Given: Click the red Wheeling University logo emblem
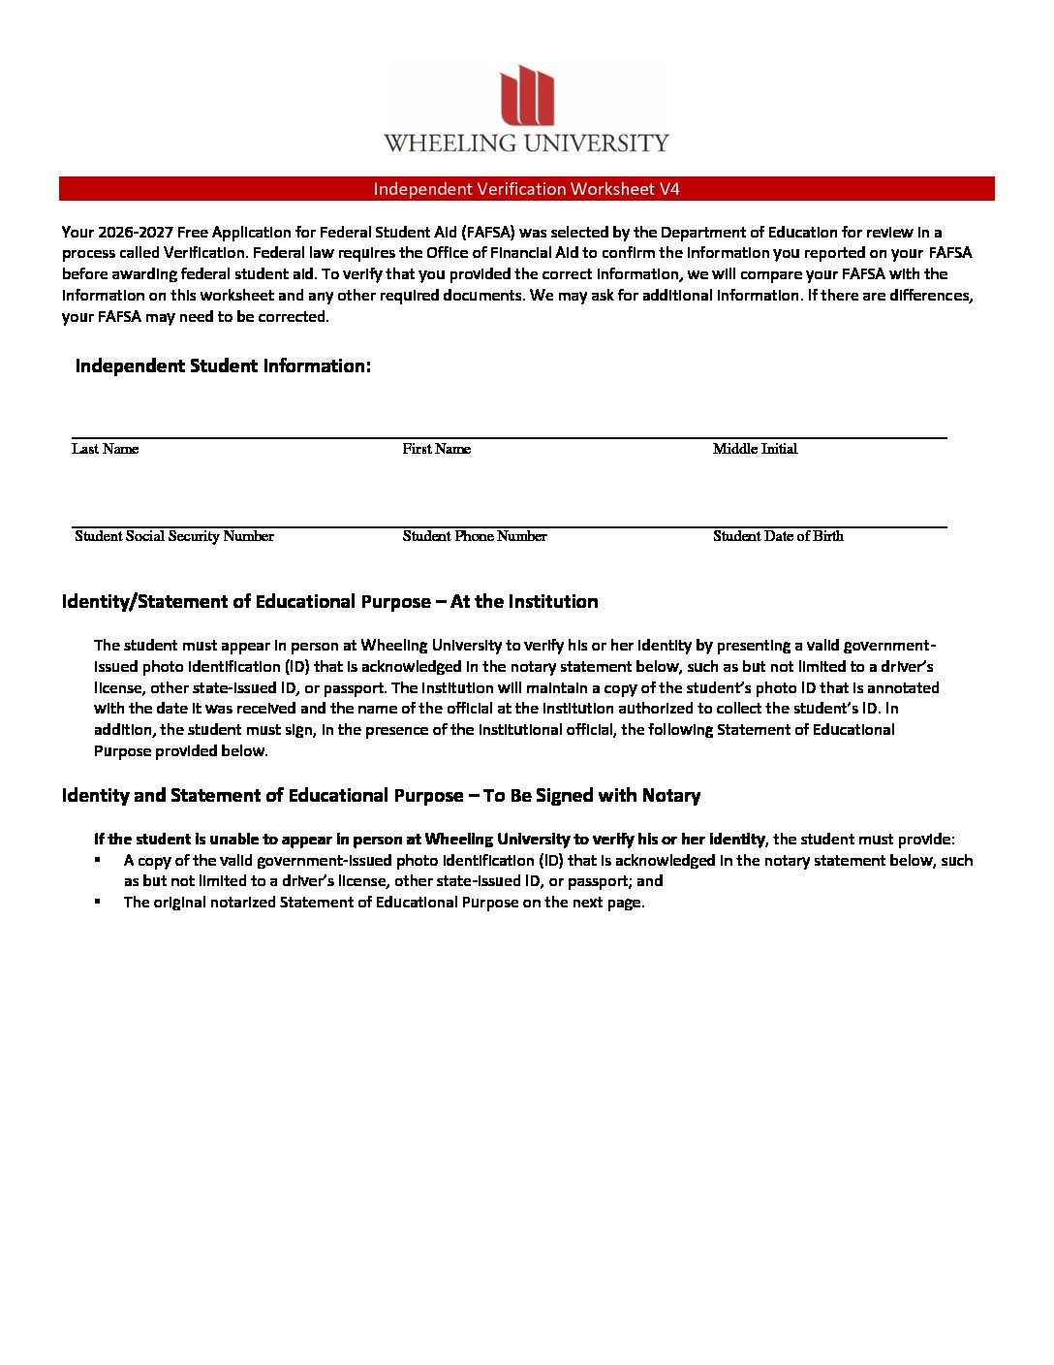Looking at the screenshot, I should pyautogui.click(x=527, y=95).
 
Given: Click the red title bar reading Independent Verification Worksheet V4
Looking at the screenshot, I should pyautogui.click(x=526, y=189).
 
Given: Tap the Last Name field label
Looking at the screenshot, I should pyautogui.click(x=105, y=449).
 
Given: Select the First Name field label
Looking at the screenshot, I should pyautogui.click(x=436, y=449).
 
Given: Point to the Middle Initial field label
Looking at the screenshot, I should pyautogui.click(x=755, y=449).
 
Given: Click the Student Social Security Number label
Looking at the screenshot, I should pyautogui.click(x=174, y=536).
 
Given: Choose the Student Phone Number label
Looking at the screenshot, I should pyautogui.click(x=475, y=536).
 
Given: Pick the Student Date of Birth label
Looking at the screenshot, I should pyautogui.click(x=778, y=536).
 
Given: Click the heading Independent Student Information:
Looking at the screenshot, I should pyautogui.click(x=223, y=365).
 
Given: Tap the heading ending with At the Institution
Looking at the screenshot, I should pyautogui.click(x=329, y=602).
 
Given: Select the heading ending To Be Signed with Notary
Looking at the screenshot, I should pyautogui.click(x=381, y=796).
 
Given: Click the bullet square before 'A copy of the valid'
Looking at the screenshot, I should pyautogui.click(x=99, y=860).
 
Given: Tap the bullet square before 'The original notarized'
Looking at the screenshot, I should pyautogui.click(x=99, y=902).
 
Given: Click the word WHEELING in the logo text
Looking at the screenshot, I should pyautogui.click(x=450, y=143).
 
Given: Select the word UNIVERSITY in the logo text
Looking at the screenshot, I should pyautogui.click(x=597, y=143).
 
